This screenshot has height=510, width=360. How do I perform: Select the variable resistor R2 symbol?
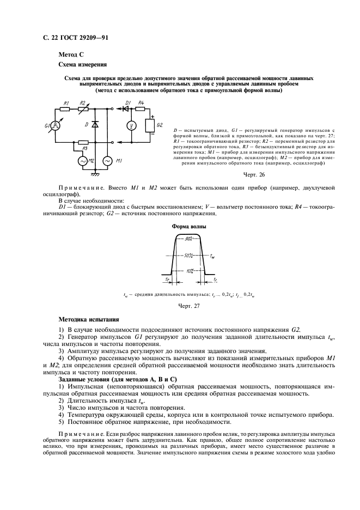(x=83, y=109)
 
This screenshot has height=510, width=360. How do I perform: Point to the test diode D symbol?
(x=95, y=125)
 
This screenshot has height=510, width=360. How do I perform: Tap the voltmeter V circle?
(x=130, y=126)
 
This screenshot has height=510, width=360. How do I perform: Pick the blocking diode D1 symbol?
(x=129, y=109)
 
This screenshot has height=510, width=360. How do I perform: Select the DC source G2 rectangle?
(x=149, y=126)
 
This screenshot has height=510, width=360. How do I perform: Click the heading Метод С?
(x=71, y=54)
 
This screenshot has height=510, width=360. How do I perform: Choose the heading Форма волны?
(x=188, y=226)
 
